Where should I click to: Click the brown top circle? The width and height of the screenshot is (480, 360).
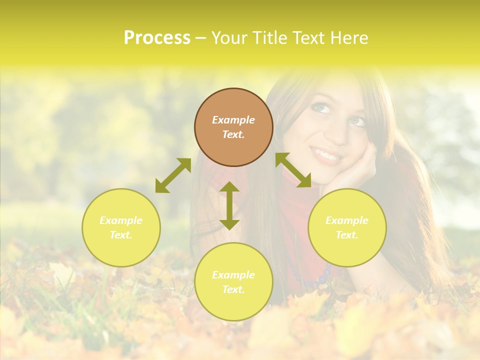[233, 127]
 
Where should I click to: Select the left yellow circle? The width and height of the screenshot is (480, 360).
[121, 227]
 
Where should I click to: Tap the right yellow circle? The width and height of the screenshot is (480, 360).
[347, 227]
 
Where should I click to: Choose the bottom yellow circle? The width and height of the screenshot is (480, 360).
[233, 281]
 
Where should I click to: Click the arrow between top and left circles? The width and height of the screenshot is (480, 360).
[173, 175]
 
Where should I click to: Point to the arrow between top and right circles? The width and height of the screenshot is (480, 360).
[293, 170]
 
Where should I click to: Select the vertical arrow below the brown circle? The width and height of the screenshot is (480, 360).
[229, 205]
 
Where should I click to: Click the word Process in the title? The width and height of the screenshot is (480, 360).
[157, 38]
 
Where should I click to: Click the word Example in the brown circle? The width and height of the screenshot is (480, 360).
[233, 120]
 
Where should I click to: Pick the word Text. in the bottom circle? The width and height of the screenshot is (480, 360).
[233, 289]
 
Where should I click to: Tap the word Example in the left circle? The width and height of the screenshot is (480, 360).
[121, 220]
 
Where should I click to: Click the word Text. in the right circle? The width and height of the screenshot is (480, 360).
[346, 235]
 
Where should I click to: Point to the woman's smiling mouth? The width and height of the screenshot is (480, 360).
[326, 155]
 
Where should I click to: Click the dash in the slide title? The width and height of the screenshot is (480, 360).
[201, 38]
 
